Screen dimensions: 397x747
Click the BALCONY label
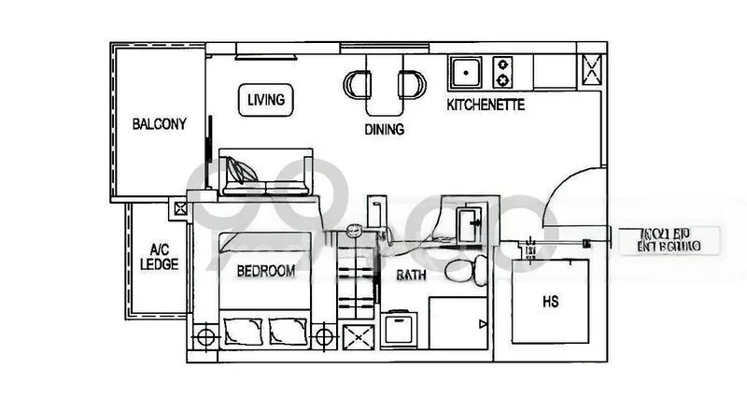(x=159, y=123)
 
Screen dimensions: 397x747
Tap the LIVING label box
(x=266, y=99)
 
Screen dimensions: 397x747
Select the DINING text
(x=384, y=130)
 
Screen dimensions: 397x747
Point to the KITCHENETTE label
(x=486, y=105)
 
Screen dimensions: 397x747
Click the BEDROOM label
(x=266, y=272)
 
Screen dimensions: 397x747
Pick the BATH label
(x=412, y=276)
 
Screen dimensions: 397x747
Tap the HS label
(x=550, y=303)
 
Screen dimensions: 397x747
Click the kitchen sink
(x=464, y=69)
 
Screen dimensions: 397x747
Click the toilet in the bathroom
(x=463, y=272)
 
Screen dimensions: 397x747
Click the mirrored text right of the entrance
(x=672, y=240)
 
